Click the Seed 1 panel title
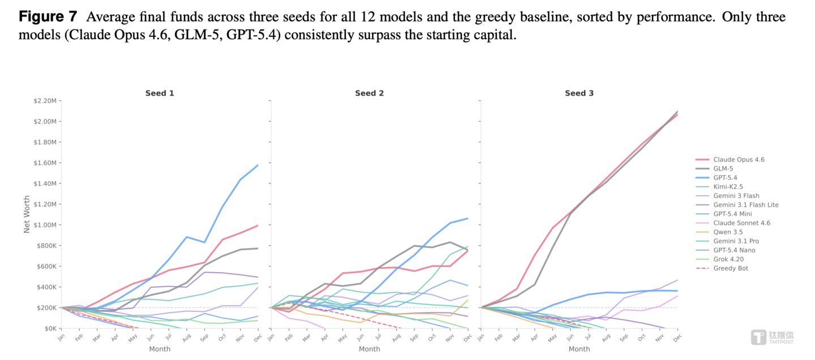[160, 93]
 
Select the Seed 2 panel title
[369, 93]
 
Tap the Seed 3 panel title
[579, 93]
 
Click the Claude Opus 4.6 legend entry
[730, 160]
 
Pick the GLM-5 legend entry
[714, 169]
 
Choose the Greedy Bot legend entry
[722, 268]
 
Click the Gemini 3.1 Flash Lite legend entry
[737, 205]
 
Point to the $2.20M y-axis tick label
[45, 101]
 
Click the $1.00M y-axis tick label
[45, 225]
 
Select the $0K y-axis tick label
[50, 329]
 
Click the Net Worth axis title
[27, 214]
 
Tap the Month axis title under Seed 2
[369, 349]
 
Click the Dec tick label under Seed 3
[677, 338]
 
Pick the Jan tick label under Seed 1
[61, 338]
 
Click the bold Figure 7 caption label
[48, 17]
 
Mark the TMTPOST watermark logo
[773, 337]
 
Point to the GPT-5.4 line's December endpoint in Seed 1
[258, 165]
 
